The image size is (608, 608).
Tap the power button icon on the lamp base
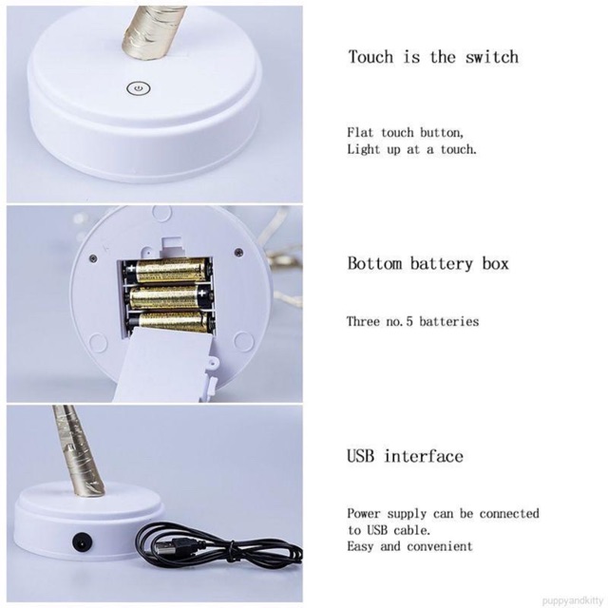click(x=139, y=89)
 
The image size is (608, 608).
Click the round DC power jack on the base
click(x=83, y=541)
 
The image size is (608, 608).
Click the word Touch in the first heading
click(x=370, y=57)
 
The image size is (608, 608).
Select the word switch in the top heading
click(x=492, y=57)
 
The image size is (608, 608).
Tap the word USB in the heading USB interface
click(x=361, y=456)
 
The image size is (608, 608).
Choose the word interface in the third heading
click(x=424, y=456)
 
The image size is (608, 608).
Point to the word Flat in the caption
click(x=360, y=132)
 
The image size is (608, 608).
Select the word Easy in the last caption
click(x=360, y=546)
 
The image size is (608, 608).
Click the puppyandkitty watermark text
click(x=573, y=601)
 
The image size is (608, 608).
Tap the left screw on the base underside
click(x=93, y=258)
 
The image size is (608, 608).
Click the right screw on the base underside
click(x=239, y=253)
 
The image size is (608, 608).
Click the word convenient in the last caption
click(x=440, y=546)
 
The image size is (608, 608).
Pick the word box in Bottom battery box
click(x=495, y=263)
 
